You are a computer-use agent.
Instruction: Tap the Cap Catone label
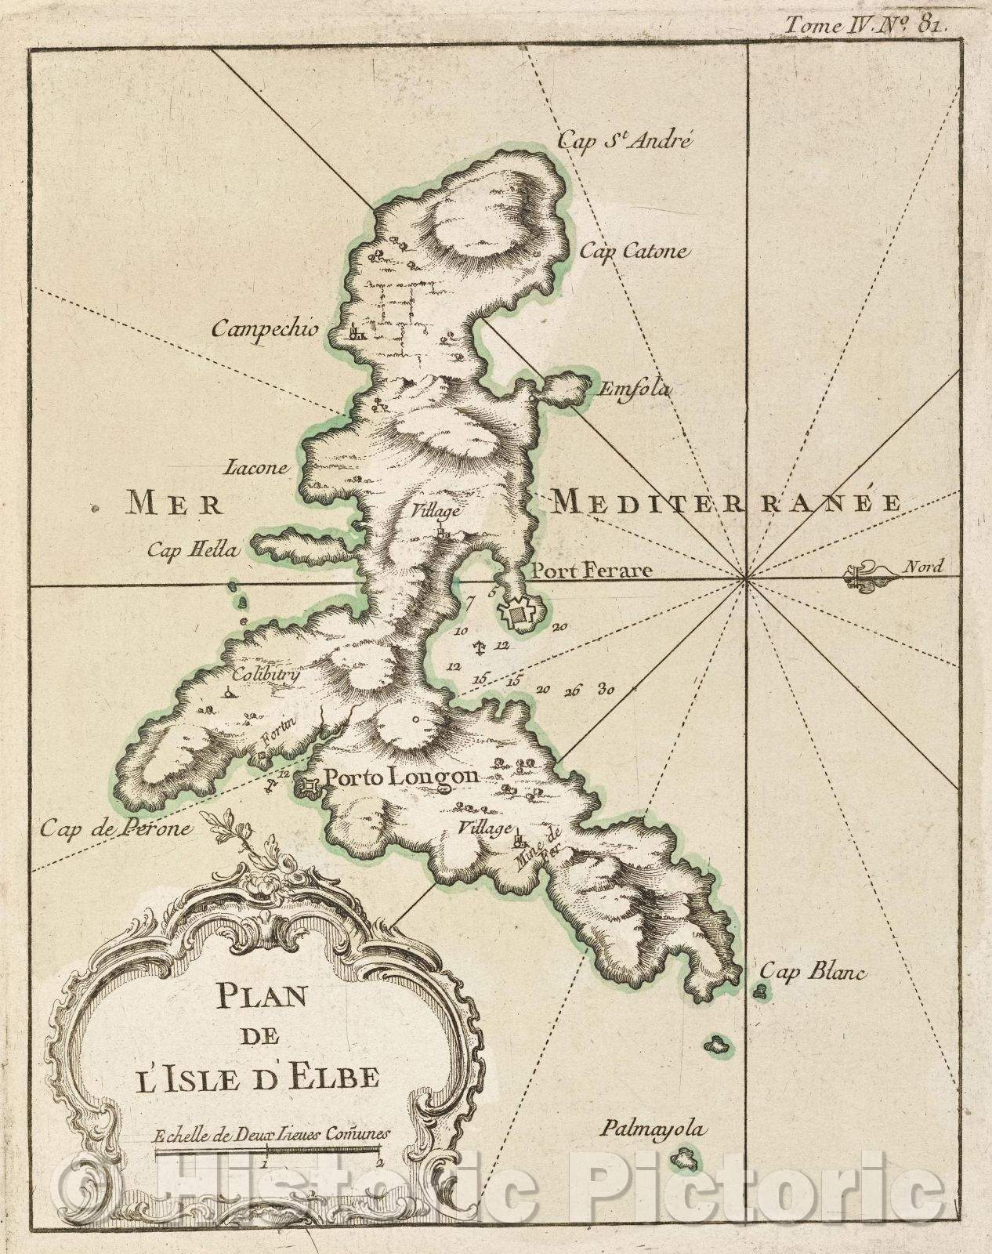(x=634, y=252)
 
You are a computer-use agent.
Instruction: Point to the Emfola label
(x=635, y=389)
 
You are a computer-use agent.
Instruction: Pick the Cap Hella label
(x=191, y=550)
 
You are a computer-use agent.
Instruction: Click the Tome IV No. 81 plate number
(x=869, y=24)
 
